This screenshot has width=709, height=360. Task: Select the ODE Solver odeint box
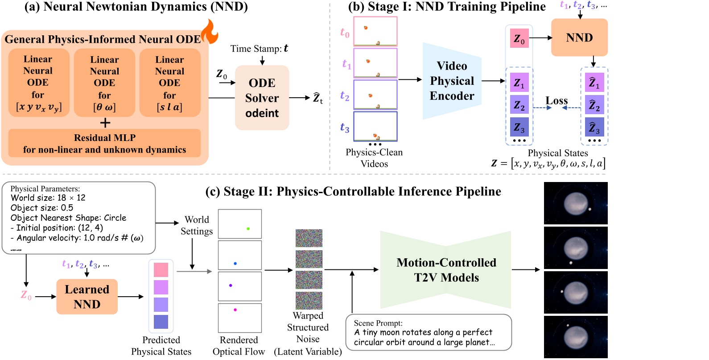tap(262, 98)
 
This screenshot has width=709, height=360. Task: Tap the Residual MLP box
tap(104, 143)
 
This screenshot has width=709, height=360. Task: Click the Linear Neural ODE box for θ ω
tap(104, 83)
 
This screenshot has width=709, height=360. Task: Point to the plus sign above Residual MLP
tap(105, 123)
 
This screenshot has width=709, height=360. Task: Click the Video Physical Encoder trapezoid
tap(452, 81)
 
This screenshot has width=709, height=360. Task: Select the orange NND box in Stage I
tap(579, 37)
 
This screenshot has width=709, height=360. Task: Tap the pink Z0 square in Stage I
tap(519, 39)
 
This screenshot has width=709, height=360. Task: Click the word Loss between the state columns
tap(556, 101)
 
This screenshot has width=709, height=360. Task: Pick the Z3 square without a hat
tap(519, 127)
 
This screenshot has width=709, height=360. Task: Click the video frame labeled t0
tap(375, 31)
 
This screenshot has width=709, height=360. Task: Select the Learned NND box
tap(87, 297)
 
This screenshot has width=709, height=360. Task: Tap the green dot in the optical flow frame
tap(248, 228)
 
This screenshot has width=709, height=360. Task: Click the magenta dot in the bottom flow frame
tap(235, 310)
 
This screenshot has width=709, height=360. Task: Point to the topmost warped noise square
tap(309, 238)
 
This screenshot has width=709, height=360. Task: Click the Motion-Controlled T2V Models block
tap(446, 270)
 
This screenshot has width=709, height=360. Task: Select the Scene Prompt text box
tap(429, 332)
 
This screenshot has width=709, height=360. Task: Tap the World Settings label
tap(197, 225)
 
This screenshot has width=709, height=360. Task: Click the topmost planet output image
tap(576, 203)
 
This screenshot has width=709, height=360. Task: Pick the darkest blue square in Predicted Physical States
tap(161, 322)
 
